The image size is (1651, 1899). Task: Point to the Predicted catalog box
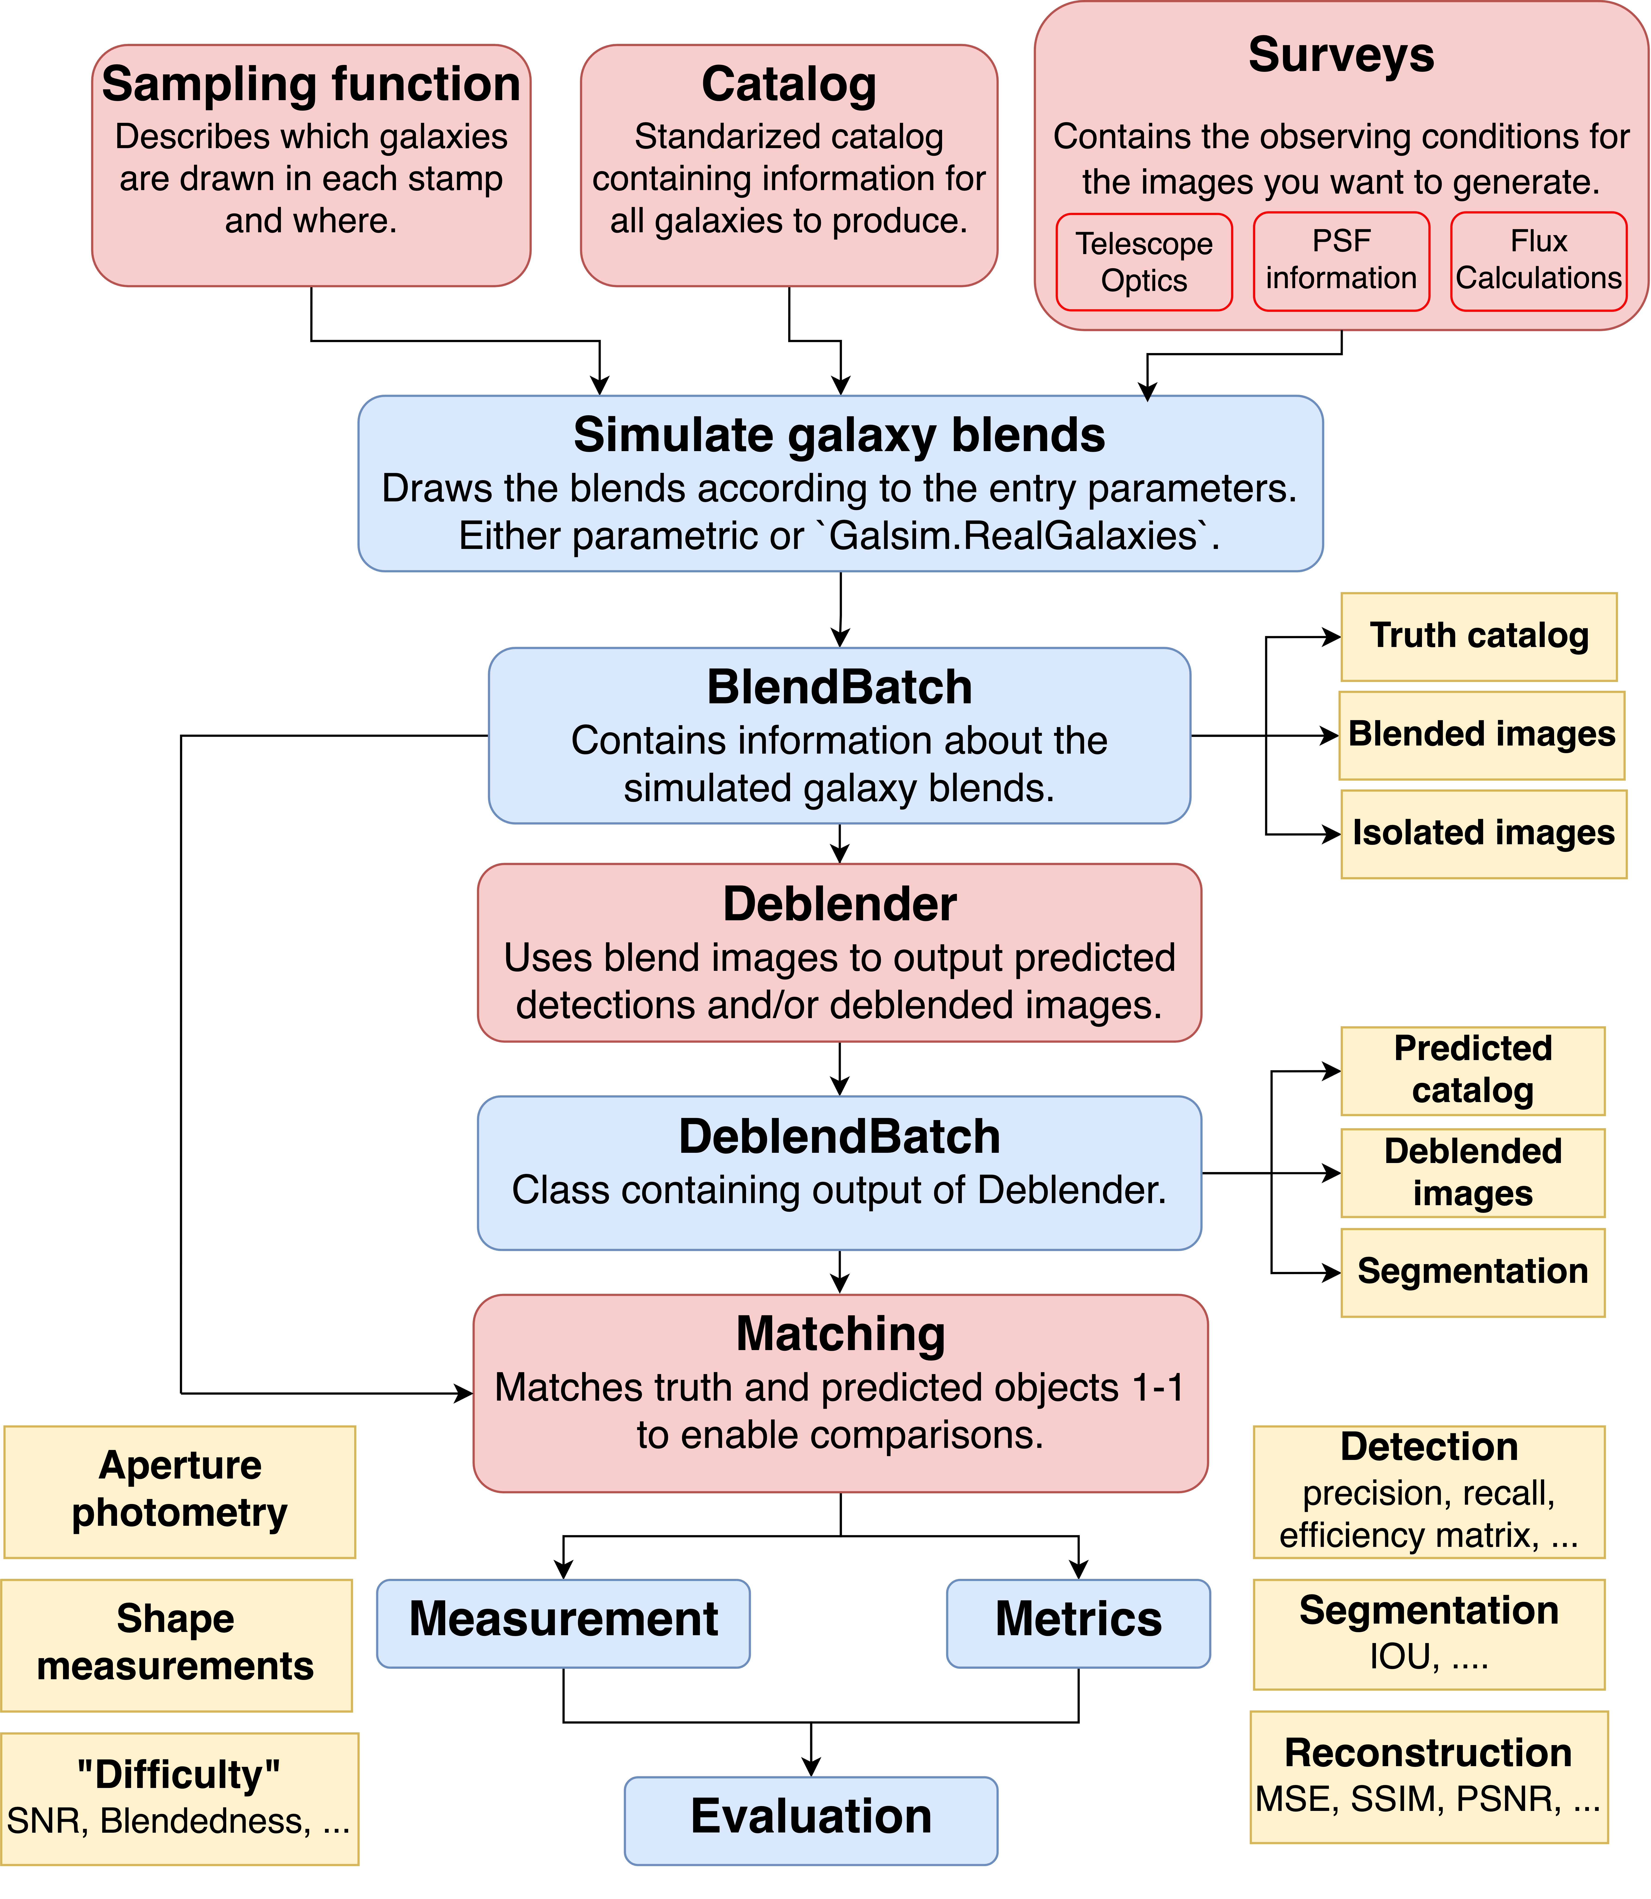pos(1472,1071)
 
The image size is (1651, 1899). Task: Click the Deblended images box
pos(1472,1173)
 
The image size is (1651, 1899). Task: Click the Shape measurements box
pos(176,1645)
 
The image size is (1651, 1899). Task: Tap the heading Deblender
pos(839,905)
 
